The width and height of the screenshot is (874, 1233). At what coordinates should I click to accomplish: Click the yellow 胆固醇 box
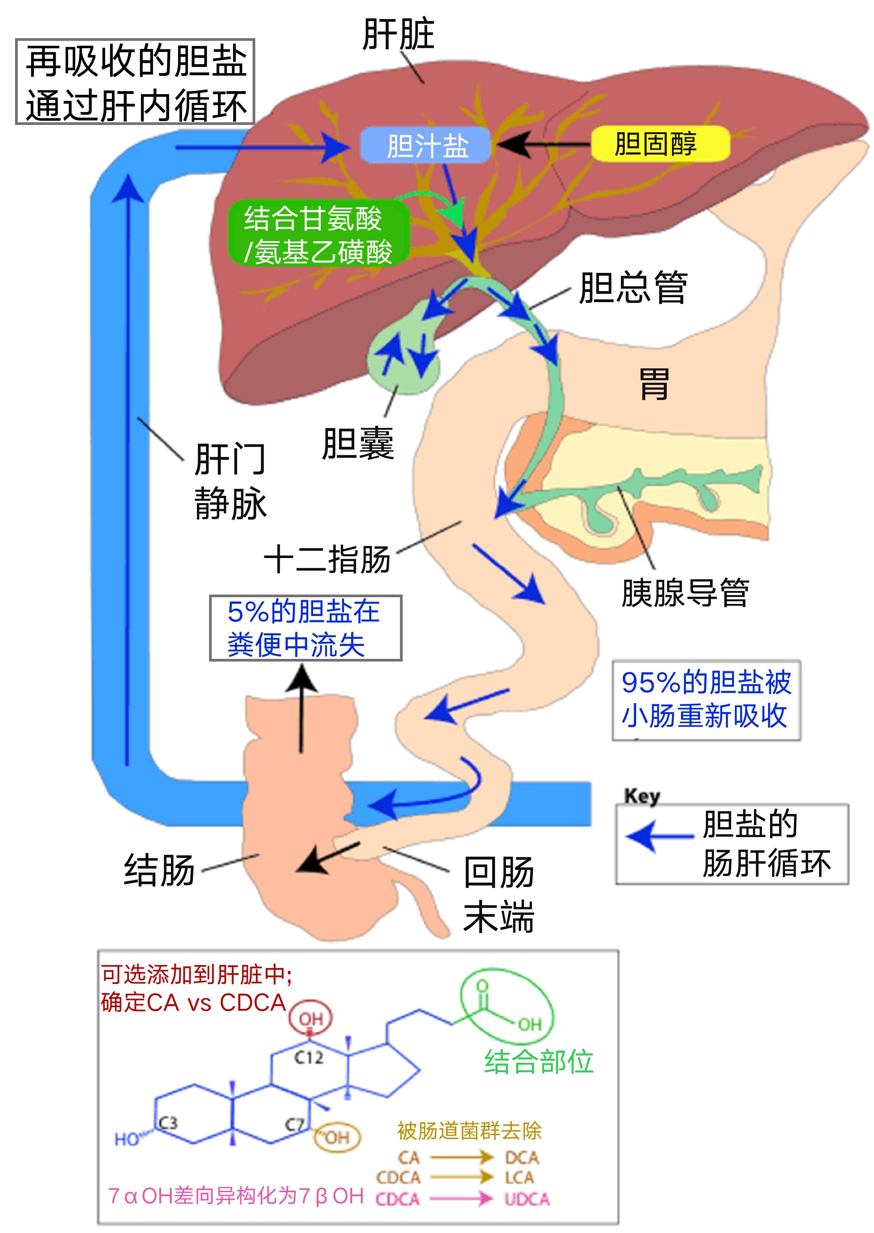660,144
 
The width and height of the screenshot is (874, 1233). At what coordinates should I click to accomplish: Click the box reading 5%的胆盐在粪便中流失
305,628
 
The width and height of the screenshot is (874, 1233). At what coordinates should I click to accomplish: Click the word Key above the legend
642,796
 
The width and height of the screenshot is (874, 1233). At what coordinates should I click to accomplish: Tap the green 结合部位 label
538,1062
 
